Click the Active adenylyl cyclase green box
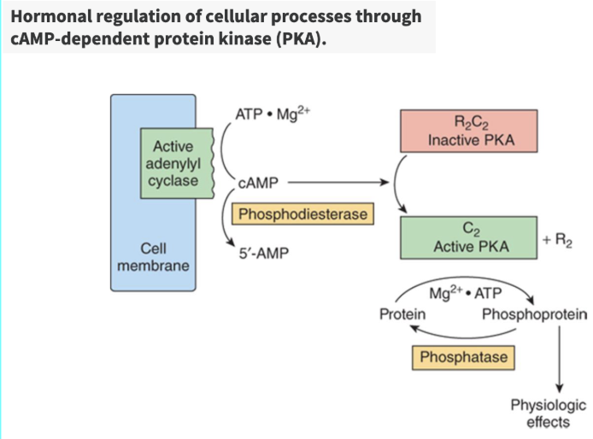click(174, 164)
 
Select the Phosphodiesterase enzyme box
click(303, 214)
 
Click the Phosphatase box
click(463, 357)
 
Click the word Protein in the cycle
click(402, 314)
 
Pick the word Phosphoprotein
click(534, 314)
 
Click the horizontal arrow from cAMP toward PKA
click(337, 182)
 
